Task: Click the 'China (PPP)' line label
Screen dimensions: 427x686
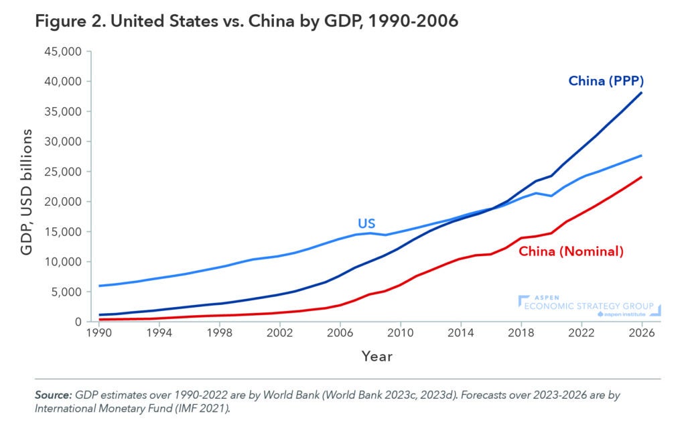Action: [606, 81]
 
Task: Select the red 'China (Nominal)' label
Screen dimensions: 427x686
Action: [571, 251]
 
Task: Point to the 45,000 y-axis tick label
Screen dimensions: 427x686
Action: [62, 52]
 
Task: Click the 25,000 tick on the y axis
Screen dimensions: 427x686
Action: [62, 172]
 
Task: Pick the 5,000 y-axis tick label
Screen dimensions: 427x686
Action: [64, 292]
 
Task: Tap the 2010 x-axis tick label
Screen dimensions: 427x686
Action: [400, 332]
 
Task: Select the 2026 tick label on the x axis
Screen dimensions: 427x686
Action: [642, 332]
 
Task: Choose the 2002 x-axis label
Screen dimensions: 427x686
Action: [279, 332]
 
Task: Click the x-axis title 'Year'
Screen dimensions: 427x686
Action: [377, 356]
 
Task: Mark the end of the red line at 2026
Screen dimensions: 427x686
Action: [642, 177]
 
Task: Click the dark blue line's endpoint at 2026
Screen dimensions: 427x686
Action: [642, 93]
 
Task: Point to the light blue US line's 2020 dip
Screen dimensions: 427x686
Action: [551, 196]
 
